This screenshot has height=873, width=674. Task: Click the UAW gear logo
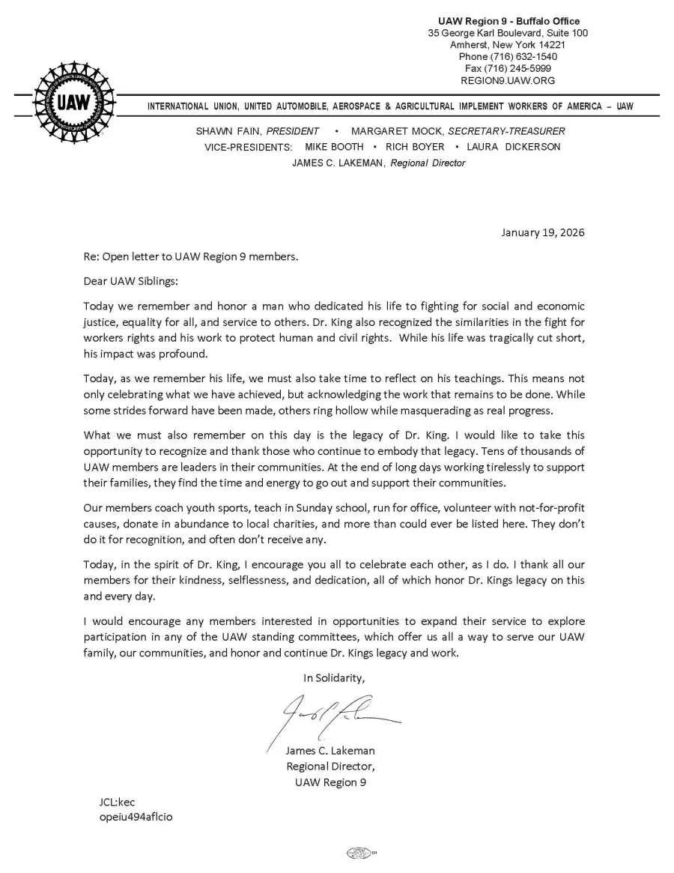73,103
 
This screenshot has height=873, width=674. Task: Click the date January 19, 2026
543,232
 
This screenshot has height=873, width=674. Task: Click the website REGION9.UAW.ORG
508,81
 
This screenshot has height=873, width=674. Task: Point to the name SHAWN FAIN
223,131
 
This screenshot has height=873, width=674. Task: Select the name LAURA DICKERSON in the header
513,147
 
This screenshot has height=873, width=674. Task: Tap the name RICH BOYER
415,147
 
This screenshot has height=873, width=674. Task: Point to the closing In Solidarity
334,677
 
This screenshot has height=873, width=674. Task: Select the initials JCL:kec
117,802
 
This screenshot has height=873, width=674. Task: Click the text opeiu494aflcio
136,817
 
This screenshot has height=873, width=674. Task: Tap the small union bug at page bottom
359,853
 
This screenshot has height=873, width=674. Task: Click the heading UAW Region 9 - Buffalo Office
508,21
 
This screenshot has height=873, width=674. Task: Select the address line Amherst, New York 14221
508,45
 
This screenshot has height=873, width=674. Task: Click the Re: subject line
191,257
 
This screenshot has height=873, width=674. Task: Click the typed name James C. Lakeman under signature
330,750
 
